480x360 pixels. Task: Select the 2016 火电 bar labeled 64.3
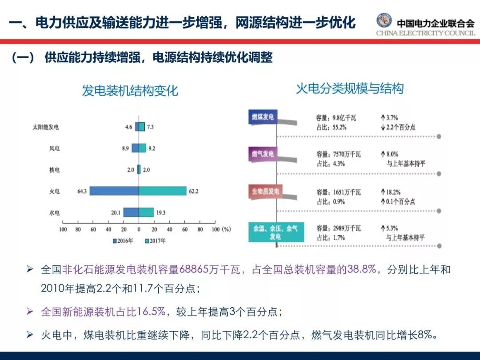pos(114,191)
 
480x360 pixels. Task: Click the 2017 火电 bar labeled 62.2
pos(163,191)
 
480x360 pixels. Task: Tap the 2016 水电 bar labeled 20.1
pos(131,212)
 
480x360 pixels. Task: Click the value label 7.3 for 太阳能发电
pos(150,127)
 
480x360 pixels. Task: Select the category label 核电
pos(54,170)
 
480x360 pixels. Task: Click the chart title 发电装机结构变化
pos(130,91)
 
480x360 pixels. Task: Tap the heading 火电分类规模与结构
pos(350,89)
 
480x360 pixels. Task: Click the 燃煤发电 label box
pos(263,117)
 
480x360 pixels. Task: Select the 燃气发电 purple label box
pos(263,154)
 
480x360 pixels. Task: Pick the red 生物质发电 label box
pos(265,192)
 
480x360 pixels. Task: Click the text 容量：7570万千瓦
pos(339,155)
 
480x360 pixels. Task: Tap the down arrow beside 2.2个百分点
pos(382,127)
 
